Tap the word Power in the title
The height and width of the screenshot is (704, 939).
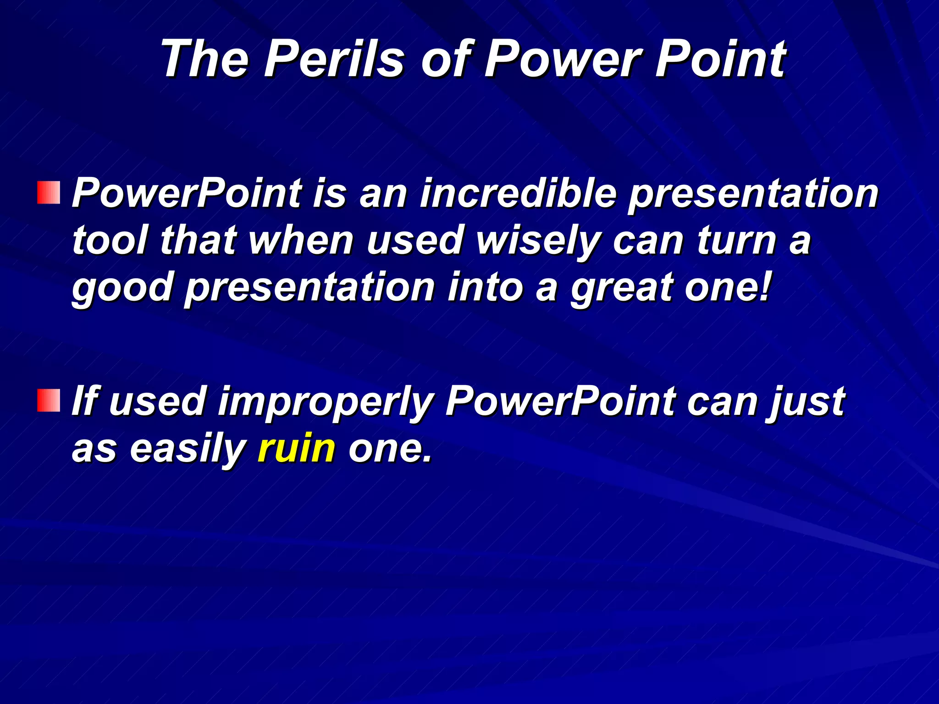click(562, 59)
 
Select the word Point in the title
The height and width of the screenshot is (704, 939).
click(720, 59)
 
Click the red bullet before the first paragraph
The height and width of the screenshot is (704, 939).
click(49, 192)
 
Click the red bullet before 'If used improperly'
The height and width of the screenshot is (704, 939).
click(49, 401)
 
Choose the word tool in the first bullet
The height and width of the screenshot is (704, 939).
click(110, 240)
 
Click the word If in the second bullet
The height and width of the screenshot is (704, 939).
click(85, 401)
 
